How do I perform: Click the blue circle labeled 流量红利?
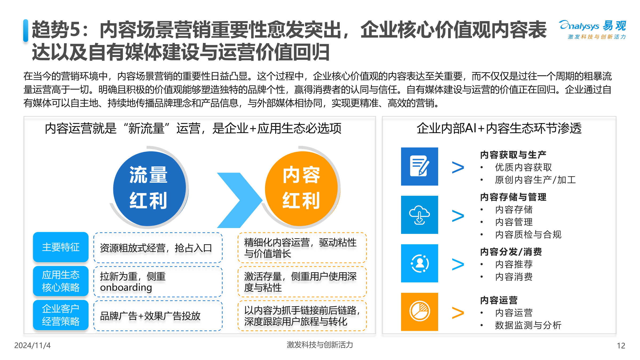tap(149, 188)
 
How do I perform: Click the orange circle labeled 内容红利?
tap(301, 188)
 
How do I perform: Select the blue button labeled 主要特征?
tap(61, 247)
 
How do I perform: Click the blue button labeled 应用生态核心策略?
tap(61, 281)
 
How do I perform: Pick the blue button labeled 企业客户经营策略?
tap(61, 315)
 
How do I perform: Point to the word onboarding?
tap(126, 287)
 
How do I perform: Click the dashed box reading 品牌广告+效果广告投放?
tap(158, 316)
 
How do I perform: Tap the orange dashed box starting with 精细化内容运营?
tap(302, 248)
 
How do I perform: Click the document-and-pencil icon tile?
tap(419, 166)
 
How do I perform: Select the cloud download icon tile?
tap(419, 215)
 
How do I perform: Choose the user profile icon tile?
tap(419, 263)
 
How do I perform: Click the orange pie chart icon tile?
tap(419, 312)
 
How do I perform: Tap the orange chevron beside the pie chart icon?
tap(458, 313)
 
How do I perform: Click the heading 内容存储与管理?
tap(513, 197)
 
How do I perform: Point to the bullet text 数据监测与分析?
tap(528, 325)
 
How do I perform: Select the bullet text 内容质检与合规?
tap(528, 235)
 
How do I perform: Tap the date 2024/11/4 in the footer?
tap(32, 345)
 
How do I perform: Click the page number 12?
tap(621, 346)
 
